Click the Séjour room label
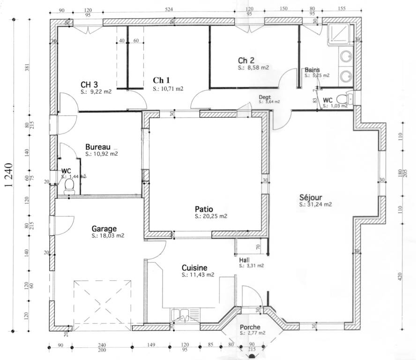pos(311,197)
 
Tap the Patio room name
pos(204,209)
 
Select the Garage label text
pos(104,229)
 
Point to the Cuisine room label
pos(194,268)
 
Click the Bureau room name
pos(98,147)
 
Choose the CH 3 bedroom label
pos(89,84)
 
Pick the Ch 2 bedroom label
pos(246,60)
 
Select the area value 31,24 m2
pos(316,204)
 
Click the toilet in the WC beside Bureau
pos(69,186)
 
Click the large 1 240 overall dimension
pos(8,175)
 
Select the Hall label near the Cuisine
pos(244,260)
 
